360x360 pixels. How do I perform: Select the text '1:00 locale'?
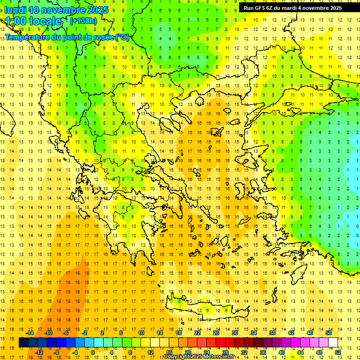pos(34,21)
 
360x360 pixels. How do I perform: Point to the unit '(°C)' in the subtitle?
pos(122,37)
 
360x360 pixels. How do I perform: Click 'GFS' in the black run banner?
pos(260,8)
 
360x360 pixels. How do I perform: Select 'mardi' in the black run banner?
pos(296,8)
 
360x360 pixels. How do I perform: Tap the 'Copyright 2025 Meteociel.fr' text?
pos(199,357)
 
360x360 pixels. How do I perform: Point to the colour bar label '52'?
pos(338,352)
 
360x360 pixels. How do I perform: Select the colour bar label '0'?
pos(93,352)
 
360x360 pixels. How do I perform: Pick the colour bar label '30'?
pos(235,333)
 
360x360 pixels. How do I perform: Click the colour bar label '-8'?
pos(57,352)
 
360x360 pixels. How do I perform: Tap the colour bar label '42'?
pos(291,333)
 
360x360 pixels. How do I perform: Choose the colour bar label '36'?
pos(263,352)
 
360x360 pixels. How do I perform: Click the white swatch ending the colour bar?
pos(333,343)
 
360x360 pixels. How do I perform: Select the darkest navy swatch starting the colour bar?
pos(23,343)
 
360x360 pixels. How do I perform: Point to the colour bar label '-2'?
pos(85,333)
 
